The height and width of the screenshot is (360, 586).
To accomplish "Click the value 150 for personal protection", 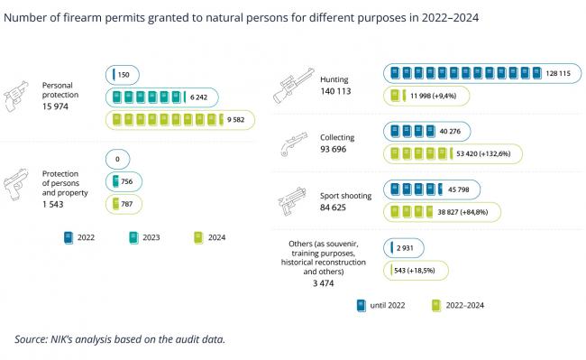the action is coord(124,75).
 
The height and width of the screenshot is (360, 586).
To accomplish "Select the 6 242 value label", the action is coord(198,97).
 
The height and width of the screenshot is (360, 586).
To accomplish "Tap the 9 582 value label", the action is coord(236,120).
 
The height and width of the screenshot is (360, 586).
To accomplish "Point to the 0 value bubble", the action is coord(118,160).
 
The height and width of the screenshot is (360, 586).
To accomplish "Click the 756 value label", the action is coord(127,181).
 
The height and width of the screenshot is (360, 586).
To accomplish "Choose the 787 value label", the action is coord(127,204).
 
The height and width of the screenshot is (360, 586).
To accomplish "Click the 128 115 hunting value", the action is coord(558,73).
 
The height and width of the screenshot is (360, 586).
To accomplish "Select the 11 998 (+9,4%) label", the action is coord(433,96).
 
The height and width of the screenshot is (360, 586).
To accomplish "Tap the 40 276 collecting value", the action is coord(450,131).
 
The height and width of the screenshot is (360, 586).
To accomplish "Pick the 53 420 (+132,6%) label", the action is coord(483,153).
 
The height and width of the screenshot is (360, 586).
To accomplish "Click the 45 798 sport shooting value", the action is coord(458,189).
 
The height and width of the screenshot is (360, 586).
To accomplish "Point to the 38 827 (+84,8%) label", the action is coord(462,212).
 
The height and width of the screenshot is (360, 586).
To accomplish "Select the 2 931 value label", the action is coord(405,248).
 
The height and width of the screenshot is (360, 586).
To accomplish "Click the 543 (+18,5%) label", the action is coord(415,271).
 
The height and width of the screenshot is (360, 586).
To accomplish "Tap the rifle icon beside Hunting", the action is coord(293,85).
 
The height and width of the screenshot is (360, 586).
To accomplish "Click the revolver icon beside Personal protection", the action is coord(16,96).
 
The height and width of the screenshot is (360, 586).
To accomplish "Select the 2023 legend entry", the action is coord(144,238).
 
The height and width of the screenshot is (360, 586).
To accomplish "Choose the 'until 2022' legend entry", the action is coord(380,306).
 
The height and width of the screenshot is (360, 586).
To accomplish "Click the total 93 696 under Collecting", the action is coord(333,149).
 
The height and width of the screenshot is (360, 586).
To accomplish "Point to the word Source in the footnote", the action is coord(31,339).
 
